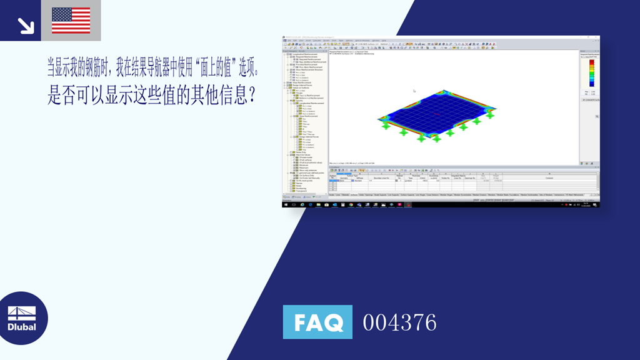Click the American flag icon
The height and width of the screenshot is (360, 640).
71,20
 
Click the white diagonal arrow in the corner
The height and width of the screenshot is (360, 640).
26,26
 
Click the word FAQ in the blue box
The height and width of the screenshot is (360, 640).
317,322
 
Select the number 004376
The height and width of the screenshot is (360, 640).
399,322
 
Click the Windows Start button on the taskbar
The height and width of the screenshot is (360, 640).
286,204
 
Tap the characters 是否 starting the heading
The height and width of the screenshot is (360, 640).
61,95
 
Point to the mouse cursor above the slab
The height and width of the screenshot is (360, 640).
413,91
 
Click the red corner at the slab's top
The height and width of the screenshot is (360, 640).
443,92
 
